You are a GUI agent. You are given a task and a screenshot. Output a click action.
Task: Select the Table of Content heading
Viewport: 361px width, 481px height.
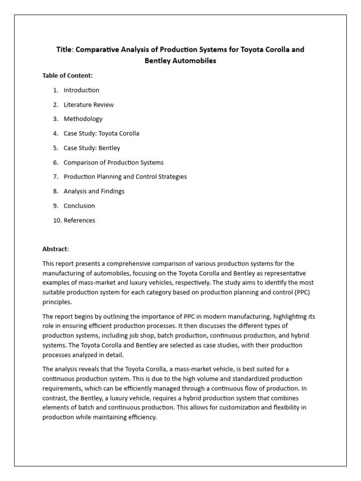[x=67, y=76]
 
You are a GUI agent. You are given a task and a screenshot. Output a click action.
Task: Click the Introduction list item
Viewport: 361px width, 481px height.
[x=81, y=90]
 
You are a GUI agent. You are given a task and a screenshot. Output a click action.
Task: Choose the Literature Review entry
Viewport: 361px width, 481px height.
[x=88, y=105]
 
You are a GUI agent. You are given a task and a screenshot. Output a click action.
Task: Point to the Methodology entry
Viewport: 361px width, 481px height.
[x=83, y=119]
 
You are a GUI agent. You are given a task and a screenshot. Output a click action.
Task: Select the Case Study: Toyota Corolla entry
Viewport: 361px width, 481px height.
[x=101, y=133]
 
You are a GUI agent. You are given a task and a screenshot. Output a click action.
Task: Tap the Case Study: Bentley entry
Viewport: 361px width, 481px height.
[x=92, y=148]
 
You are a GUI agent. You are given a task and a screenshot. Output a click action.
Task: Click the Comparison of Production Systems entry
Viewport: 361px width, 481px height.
[x=113, y=163]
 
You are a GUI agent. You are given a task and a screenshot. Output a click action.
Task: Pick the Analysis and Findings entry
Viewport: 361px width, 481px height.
[x=94, y=191]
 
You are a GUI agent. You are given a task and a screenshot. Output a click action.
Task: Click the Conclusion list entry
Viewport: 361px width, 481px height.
[x=79, y=206]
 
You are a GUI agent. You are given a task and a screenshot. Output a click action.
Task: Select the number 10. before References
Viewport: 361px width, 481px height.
[x=57, y=220]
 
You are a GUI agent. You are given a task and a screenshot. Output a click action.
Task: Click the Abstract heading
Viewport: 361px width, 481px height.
[x=55, y=249]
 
